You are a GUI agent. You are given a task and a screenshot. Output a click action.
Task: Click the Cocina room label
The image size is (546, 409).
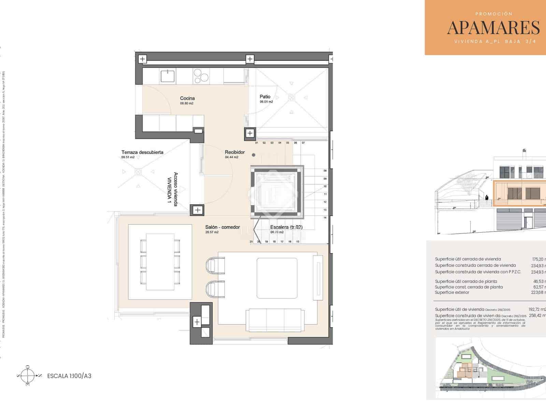[187, 99]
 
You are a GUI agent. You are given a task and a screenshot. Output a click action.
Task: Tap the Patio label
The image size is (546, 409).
[265, 97]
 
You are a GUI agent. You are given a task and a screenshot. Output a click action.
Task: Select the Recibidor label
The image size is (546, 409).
[235, 152]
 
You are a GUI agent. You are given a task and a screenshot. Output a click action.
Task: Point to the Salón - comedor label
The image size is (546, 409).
[222, 227]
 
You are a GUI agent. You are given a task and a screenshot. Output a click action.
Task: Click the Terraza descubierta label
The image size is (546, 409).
[142, 152]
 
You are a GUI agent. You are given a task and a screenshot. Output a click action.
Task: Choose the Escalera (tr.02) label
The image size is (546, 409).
[286, 227]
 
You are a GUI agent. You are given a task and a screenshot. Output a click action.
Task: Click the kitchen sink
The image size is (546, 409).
[168, 76]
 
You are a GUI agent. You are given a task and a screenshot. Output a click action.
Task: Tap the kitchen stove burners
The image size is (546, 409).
[201, 75]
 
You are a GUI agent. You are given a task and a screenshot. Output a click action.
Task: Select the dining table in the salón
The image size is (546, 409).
[160, 261]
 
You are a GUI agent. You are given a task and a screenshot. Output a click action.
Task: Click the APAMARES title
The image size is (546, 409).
[493, 28]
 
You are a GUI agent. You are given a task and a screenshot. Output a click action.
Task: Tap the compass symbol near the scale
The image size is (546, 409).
[28, 376]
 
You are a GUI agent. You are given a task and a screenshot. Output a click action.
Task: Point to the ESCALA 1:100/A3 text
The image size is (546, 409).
[69, 376]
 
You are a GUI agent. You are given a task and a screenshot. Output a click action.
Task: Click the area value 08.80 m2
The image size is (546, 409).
[187, 103]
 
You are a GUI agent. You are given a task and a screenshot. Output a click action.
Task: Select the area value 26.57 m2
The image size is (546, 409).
[212, 232]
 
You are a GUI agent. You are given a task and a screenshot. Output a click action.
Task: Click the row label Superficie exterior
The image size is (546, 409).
[452, 292]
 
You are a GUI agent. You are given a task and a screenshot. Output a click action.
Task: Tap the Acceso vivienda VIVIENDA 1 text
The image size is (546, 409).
[172, 189]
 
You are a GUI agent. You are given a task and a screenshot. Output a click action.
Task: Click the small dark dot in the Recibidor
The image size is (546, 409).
[254, 155]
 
